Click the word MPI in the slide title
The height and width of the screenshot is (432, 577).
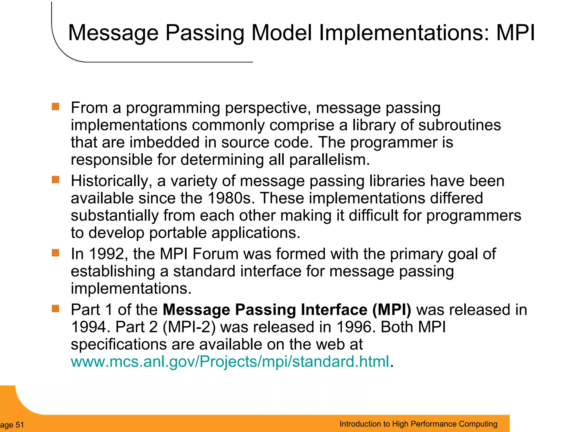pyautogui.click(x=515, y=33)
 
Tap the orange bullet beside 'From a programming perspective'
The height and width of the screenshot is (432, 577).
pyautogui.click(x=56, y=107)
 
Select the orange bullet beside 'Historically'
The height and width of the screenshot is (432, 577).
pyautogui.click(x=56, y=179)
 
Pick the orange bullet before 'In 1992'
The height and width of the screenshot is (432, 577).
pyautogui.click(x=56, y=253)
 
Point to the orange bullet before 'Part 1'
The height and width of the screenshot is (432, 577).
pyautogui.click(x=56, y=309)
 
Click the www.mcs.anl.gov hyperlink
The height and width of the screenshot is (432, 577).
pyautogui.click(x=230, y=361)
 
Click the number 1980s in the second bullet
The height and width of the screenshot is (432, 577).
pyautogui.click(x=231, y=198)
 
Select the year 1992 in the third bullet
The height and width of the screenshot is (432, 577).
pyautogui.click(x=107, y=254)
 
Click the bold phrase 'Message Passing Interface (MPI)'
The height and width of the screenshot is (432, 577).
pyautogui.click(x=287, y=310)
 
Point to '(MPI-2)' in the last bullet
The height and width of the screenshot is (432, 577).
pyautogui.click(x=189, y=327)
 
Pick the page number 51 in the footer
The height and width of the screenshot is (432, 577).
pyautogui.click(x=20, y=425)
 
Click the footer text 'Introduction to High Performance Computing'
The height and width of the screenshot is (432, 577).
pyautogui.click(x=418, y=424)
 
